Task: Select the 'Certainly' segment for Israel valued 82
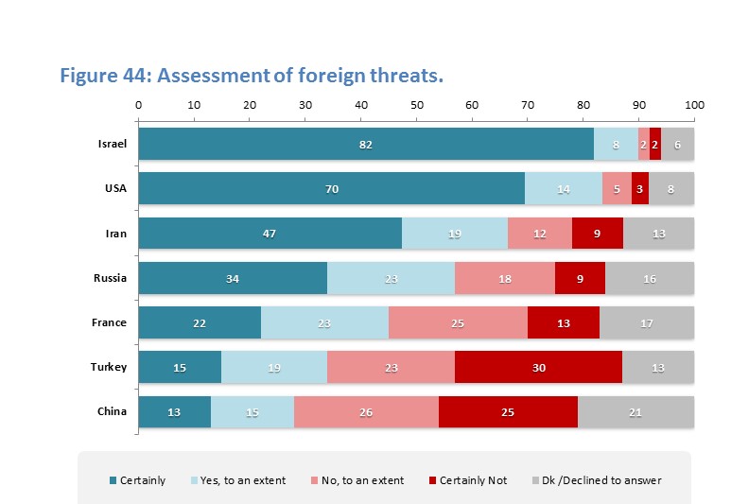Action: pos(366,144)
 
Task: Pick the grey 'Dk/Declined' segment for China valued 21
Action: pos(635,412)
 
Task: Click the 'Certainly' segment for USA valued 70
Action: pos(332,188)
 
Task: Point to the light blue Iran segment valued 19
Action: pos(455,233)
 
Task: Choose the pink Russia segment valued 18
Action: pos(505,278)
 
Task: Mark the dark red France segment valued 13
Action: pos(564,322)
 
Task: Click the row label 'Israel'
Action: pos(113,144)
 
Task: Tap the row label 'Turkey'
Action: pos(111,367)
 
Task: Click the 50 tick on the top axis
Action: pos(417,104)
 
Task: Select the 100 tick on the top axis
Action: pos(695,104)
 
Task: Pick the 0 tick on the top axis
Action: pos(139,104)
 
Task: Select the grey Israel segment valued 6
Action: pos(678,144)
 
